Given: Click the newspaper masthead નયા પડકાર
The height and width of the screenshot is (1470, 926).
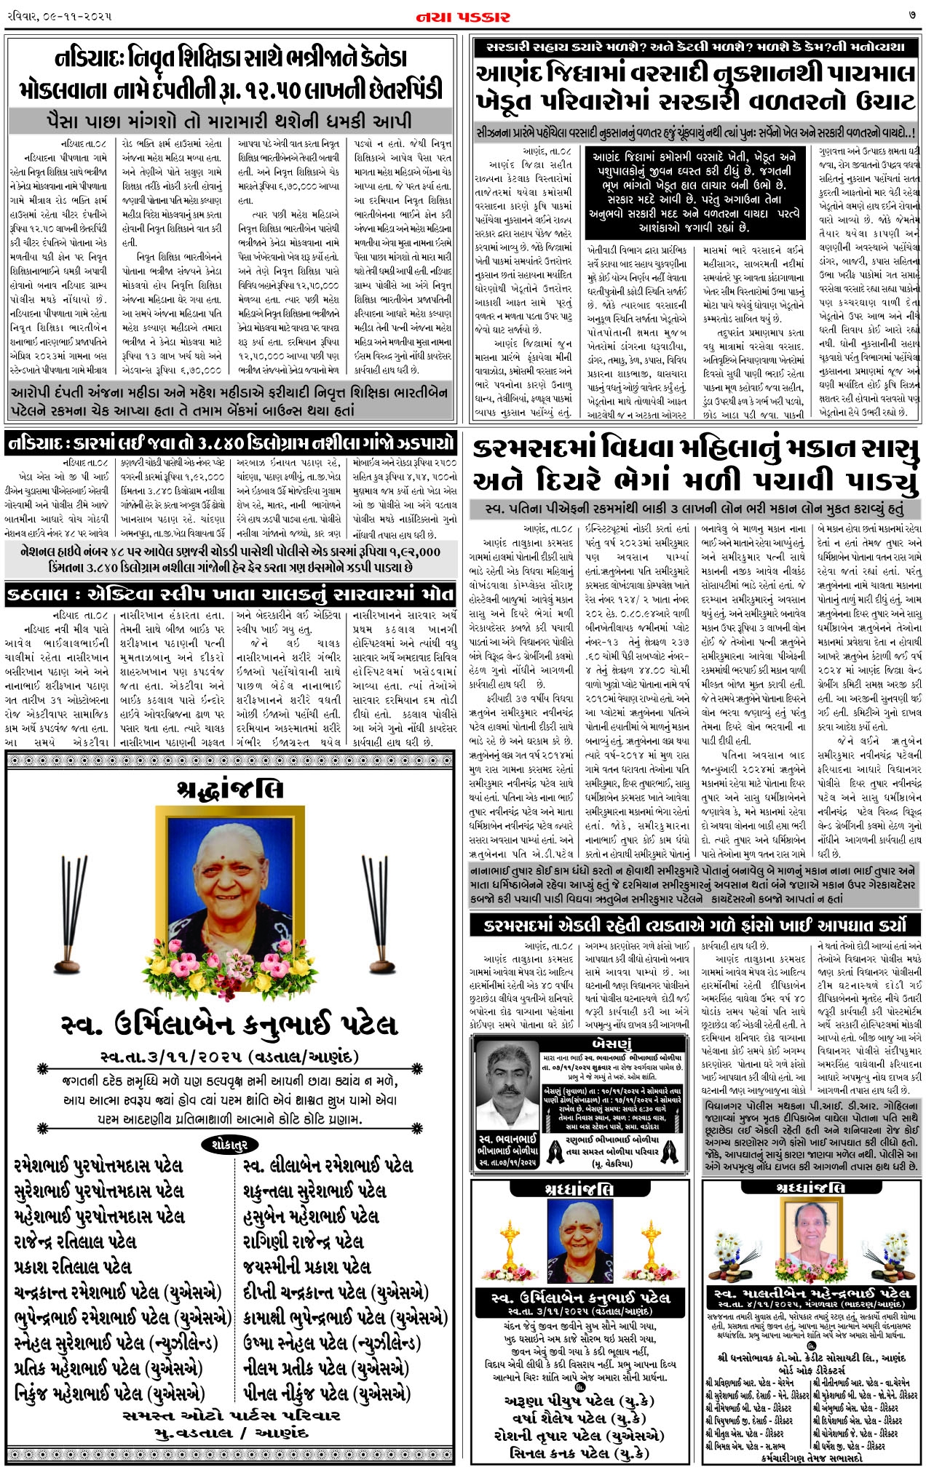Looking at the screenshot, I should pos(463,16).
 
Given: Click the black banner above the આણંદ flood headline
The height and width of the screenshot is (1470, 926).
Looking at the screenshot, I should pos(694,48).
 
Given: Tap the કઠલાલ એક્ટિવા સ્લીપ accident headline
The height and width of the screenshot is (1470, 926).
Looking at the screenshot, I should pos(231,595).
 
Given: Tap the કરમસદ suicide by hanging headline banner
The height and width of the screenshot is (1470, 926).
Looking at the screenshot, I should pos(695,926).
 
